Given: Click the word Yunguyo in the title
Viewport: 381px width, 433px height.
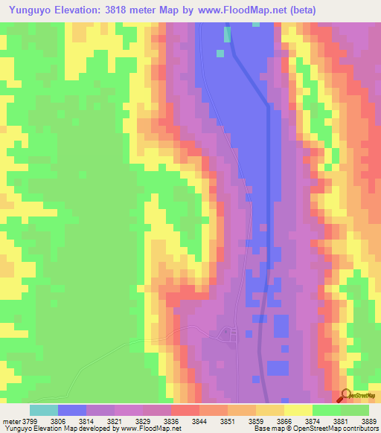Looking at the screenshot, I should click(x=31, y=10).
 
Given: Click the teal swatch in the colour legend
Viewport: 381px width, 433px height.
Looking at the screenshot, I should click(x=44, y=410).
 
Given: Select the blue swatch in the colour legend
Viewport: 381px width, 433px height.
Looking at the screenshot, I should click(x=72, y=410).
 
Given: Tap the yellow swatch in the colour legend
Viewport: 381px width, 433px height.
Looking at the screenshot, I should click(x=298, y=410).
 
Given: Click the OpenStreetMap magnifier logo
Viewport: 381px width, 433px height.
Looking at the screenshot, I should click(x=345, y=395).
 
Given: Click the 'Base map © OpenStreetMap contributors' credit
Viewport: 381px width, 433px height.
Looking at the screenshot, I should click(x=316, y=429).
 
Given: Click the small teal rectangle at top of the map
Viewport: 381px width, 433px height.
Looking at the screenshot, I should click(x=227, y=34).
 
